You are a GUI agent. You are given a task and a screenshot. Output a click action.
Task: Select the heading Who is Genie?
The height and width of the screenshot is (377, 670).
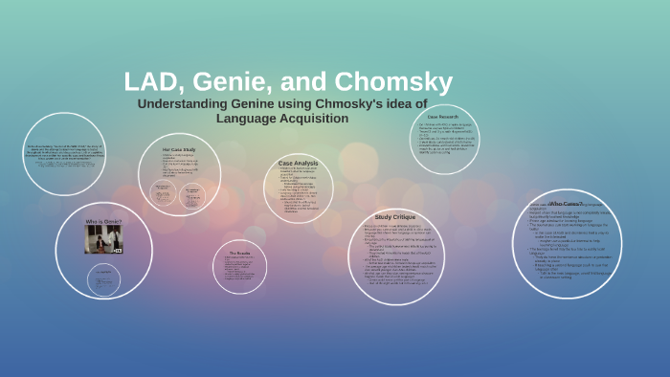(101, 221)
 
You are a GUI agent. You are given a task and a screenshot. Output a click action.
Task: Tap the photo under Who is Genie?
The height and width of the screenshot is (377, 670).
(102, 239)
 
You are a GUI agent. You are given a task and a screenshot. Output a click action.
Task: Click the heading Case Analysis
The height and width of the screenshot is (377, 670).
(298, 164)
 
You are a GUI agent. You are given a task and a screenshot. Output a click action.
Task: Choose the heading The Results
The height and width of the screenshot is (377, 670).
(238, 254)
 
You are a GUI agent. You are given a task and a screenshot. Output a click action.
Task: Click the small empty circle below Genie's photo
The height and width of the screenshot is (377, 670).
(102, 278)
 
